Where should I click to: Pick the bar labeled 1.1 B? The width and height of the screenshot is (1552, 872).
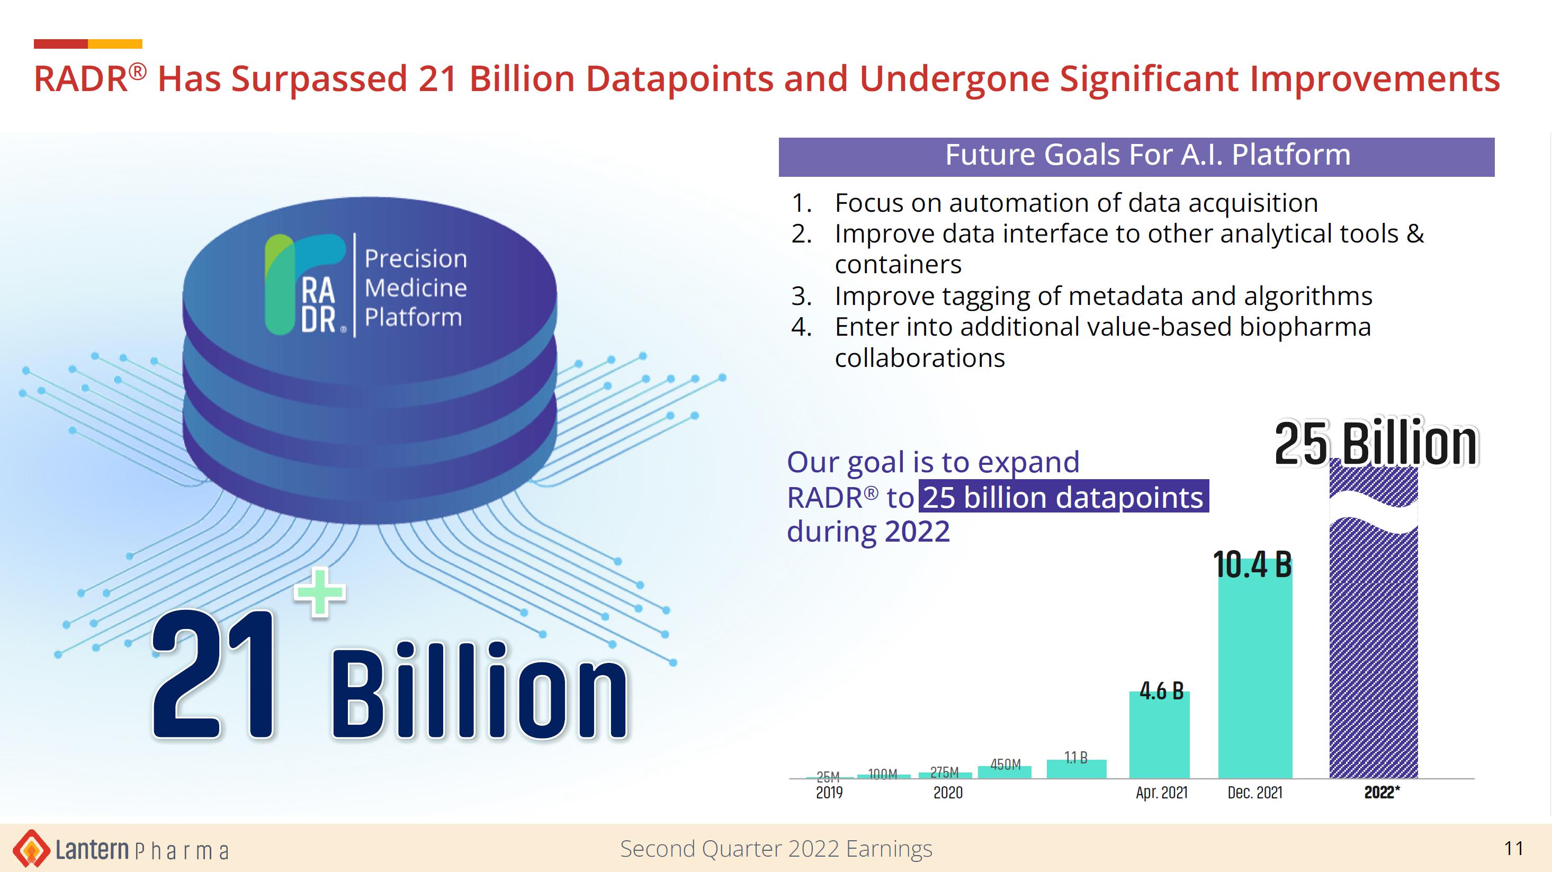pos(1076,769)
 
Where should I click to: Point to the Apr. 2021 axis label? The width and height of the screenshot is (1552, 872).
pos(1162,793)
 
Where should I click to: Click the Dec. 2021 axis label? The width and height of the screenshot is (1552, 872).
pos(1255,793)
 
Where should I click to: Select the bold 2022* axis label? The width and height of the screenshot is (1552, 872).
pos(1382,793)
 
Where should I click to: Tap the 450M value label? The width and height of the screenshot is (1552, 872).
pos(1006,764)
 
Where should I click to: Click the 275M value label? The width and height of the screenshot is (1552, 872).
pos(944,772)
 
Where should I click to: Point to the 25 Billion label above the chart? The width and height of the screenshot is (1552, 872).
pos(1376,444)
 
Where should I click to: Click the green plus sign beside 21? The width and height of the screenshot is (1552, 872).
pos(320,592)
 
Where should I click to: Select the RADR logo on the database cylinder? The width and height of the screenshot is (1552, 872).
pos(306,284)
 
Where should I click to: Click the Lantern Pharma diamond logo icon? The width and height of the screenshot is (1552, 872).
pos(31,849)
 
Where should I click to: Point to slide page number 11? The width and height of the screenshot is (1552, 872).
pos(1513,849)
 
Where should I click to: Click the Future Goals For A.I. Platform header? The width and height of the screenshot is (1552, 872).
pos(1148,155)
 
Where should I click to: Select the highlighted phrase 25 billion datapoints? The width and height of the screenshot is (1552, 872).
pos(1063,497)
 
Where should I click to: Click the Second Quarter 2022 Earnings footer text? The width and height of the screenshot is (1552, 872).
pos(776,849)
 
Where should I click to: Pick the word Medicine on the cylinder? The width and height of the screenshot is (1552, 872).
pos(416,288)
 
